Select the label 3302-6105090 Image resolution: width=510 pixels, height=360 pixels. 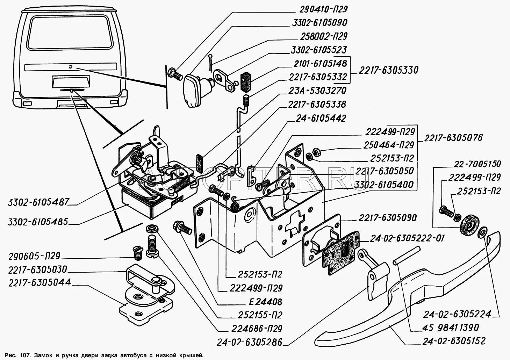(x=319, y=23)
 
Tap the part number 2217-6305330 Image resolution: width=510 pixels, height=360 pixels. (x=388, y=70)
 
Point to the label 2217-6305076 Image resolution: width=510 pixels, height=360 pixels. (x=454, y=138)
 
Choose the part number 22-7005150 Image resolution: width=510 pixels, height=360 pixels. (x=477, y=164)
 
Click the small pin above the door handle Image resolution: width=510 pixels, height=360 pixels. (x=405, y=255)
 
